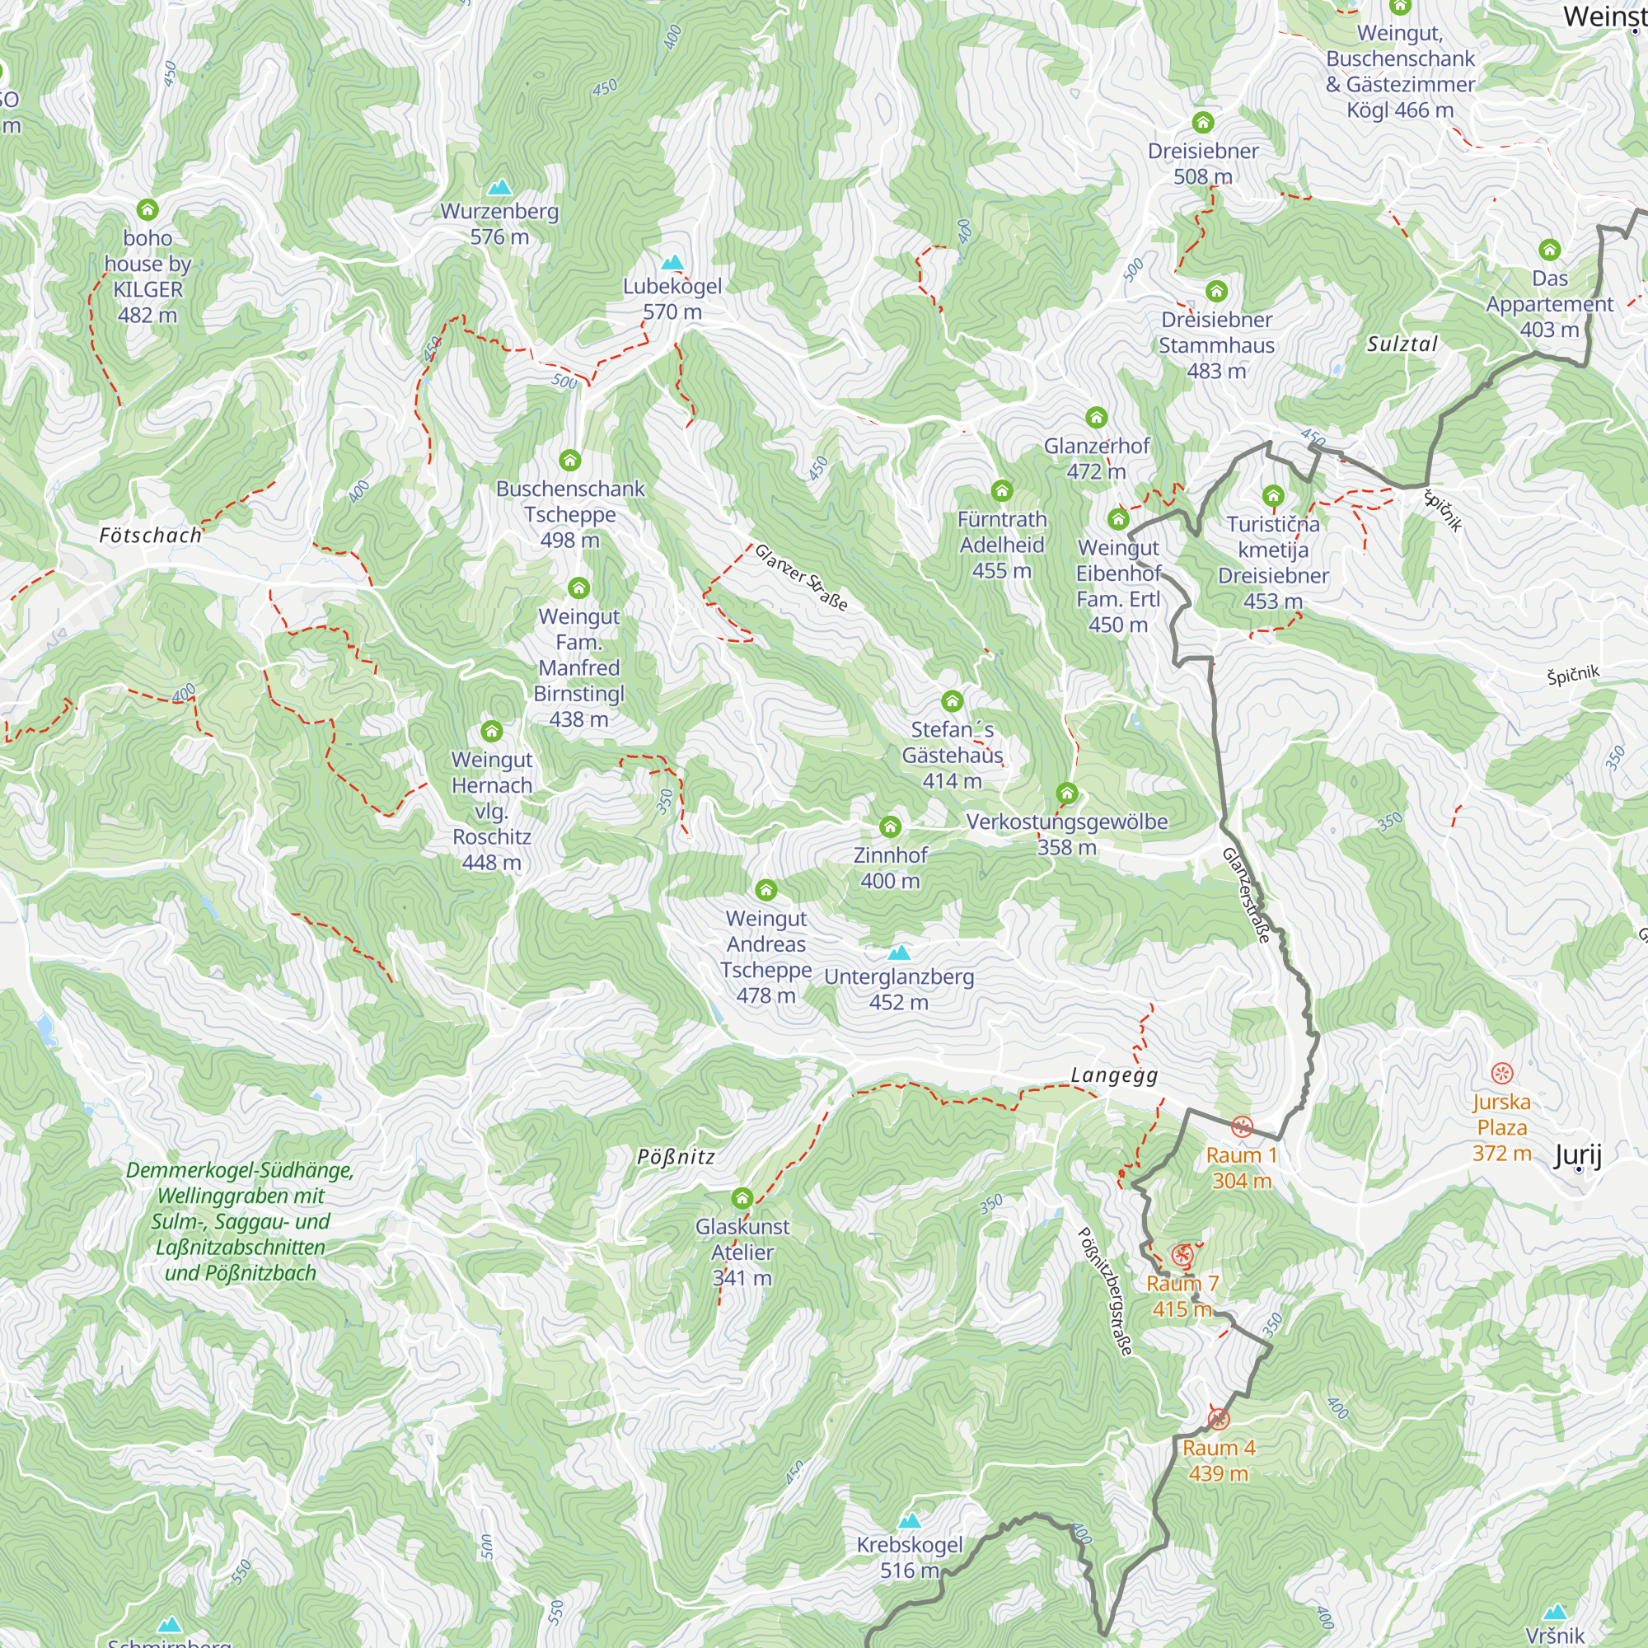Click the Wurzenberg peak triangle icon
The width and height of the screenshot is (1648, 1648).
[500, 187]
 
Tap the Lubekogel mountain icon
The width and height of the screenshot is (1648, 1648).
[672, 262]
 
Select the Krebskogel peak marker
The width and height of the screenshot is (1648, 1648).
[910, 1520]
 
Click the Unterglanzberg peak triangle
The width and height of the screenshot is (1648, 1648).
[898, 952]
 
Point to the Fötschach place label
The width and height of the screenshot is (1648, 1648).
[150, 536]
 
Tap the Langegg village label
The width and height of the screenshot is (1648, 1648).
[1114, 1074]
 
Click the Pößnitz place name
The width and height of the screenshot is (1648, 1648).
[676, 1157]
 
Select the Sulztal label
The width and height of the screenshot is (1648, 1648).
[1402, 344]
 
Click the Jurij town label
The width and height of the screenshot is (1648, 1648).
[1577, 1155]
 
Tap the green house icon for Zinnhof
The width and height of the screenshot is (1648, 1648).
[890, 826]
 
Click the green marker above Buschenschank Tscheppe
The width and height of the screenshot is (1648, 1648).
[570, 461]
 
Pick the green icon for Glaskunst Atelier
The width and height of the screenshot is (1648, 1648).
[742, 1197]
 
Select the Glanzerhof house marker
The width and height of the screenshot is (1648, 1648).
[1096, 417]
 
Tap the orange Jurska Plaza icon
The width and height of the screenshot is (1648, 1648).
[1501, 1073]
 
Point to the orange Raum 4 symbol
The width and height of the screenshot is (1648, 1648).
[1218, 1419]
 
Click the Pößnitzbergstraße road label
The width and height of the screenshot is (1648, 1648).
[1107, 1291]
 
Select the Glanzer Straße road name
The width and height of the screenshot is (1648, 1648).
[801, 578]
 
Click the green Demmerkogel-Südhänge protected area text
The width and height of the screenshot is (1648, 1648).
[240, 1220]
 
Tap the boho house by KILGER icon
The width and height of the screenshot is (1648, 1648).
[147, 209]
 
